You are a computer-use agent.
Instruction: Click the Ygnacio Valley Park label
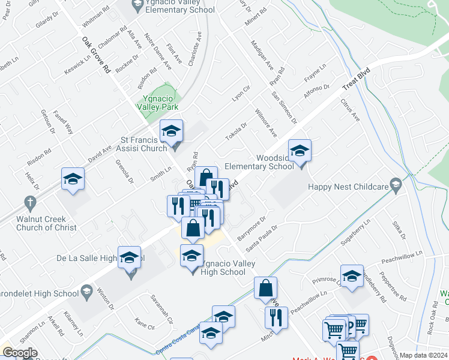(x=160, y=102)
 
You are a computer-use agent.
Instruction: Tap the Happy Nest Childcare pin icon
(x=395, y=185)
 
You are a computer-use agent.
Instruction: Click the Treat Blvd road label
(x=356, y=79)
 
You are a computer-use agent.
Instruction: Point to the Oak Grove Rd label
(x=96, y=53)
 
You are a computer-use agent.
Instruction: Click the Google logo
(x=20, y=353)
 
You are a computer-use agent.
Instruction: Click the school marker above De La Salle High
(x=129, y=258)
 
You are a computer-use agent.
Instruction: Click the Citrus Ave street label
(x=349, y=110)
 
